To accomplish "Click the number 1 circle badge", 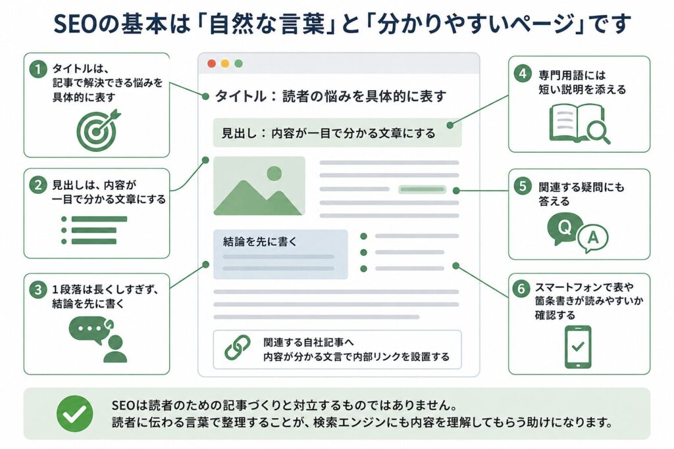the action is (x=38, y=69).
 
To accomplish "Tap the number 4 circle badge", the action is (x=522, y=74).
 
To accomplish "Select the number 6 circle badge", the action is (x=521, y=288).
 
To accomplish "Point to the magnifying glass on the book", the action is (x=598, y=131).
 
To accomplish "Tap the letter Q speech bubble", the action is (x=564, y=228).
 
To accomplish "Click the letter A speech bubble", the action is (x=593, y=238).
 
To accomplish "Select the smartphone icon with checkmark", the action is (x=578, y=346).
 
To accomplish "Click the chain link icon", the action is (x=238, y=347).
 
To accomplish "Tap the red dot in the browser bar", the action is (x=211, y=64).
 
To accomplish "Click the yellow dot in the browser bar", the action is (x=225, y=64).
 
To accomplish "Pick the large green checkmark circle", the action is (x=75, y=414).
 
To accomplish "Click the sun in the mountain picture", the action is (x=274, y=174).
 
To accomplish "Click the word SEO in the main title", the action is (x=76, y=24).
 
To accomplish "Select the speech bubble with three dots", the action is (x=90, y=329).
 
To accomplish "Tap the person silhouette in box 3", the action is (x=115, y=350).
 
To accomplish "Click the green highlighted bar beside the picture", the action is (x=422, y=189).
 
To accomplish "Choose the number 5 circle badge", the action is (x=522, y=186).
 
